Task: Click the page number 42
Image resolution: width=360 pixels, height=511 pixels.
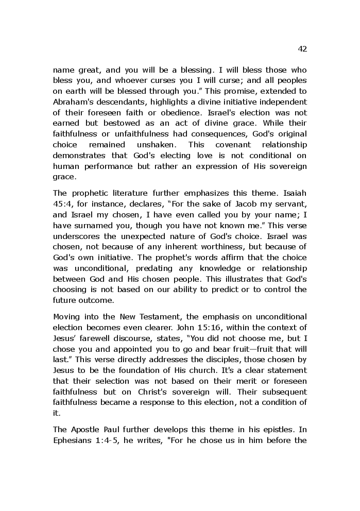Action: point(302,49)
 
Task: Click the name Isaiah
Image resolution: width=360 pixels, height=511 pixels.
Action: point(295,193)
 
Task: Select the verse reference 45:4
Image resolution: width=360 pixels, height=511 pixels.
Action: point(62,204)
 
